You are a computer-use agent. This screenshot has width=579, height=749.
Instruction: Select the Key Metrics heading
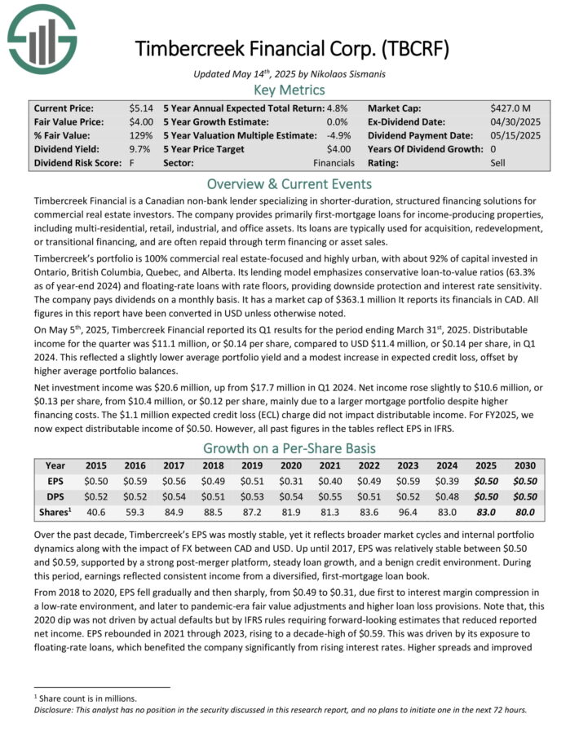(289, 90)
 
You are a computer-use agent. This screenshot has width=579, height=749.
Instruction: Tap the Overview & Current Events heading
(289, 183)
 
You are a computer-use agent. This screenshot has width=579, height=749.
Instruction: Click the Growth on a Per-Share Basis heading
(289, 448)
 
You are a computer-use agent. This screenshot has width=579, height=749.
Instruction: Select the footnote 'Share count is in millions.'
(86, 698)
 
